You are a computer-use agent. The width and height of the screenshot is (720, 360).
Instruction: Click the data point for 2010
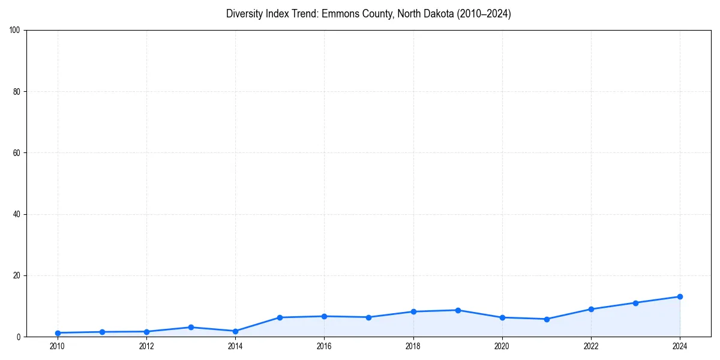point(58,333)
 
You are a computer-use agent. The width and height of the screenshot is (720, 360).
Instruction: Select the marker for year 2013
point(191,327)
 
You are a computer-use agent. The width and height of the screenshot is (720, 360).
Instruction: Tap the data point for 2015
point(280,317)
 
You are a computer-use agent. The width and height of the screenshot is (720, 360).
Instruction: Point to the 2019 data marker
point(458,310)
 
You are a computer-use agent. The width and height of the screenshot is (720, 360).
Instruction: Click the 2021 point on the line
point(547,319)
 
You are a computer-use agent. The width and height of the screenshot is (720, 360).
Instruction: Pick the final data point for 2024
point(680,296)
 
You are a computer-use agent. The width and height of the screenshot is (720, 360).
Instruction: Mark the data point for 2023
point(635,302)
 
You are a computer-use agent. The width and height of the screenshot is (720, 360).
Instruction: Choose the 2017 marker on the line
point(368,317)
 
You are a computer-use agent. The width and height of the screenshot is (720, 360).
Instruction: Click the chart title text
point(368,14)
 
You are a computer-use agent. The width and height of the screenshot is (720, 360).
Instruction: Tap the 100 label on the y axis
point(14,30)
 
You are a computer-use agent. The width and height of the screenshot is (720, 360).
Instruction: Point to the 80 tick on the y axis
point(16,92)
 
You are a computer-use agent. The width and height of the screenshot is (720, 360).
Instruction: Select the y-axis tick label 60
point(16,153)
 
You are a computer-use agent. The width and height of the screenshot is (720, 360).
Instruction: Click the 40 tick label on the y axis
point(16,214)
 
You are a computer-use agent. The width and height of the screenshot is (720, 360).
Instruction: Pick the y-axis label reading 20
point(16,275)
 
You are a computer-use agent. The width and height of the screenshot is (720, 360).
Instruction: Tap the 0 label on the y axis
point(18,337)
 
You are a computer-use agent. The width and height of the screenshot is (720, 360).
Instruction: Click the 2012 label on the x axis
point(146,346)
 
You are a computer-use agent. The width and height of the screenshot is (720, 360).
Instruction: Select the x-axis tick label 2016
point(324,346)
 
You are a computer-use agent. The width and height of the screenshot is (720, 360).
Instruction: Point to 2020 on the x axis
point(502,346)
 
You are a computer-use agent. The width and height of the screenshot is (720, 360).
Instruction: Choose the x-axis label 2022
point(591,346)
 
